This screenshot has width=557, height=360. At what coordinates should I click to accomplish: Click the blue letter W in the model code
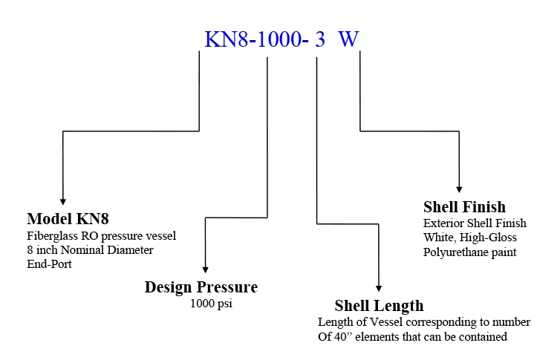(349, 39)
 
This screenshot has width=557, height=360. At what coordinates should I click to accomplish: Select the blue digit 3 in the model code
(320, 39)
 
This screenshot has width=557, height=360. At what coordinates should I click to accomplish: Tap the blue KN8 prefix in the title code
(226, 39)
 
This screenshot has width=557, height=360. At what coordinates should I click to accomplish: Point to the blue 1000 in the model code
(281, 39)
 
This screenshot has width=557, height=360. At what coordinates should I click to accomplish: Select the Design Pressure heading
(201, 287)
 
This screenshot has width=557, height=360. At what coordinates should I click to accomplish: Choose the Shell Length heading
(379, 305)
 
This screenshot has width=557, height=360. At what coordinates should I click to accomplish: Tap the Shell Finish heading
(464, 207)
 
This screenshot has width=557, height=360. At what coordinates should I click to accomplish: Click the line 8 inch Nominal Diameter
(89, 250)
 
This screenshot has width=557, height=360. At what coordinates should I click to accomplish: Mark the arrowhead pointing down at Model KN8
(63, 200)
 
